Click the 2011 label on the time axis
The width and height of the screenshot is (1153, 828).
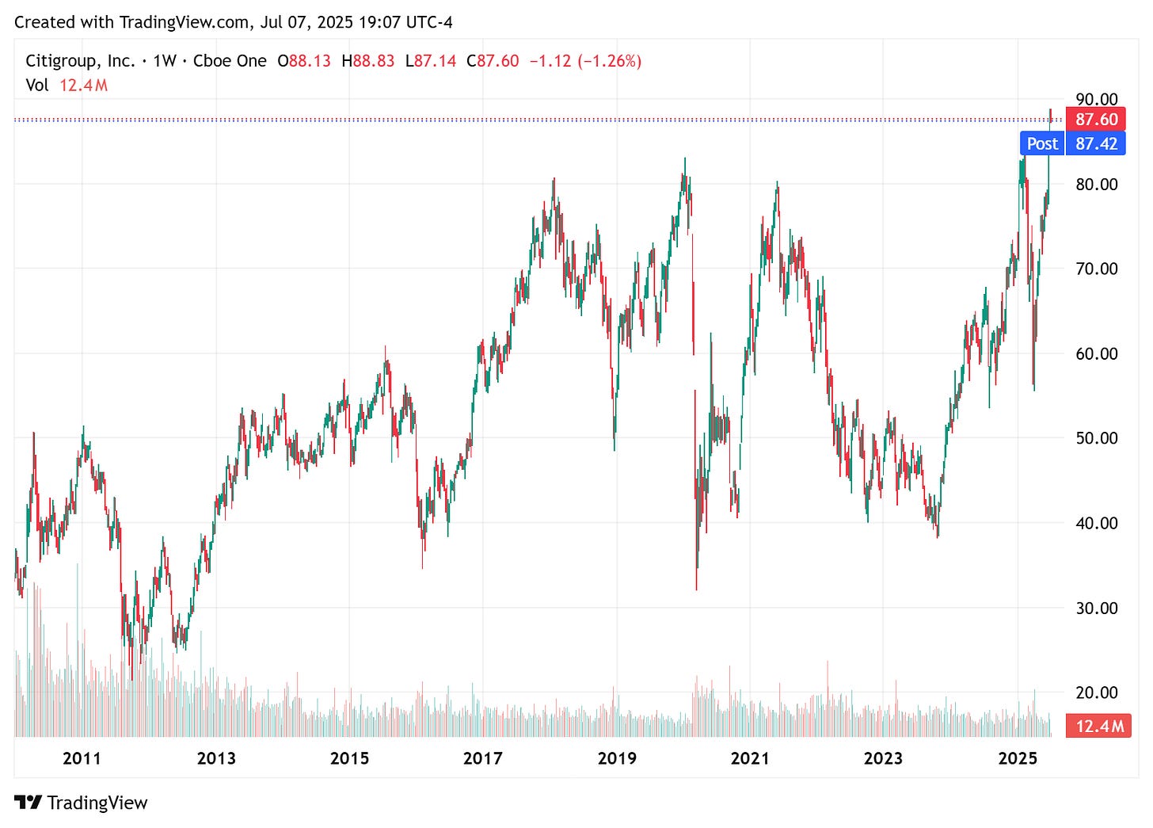coord(82,758)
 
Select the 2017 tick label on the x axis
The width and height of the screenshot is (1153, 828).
coord(482,758)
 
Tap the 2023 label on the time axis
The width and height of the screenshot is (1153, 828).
coord(883,758)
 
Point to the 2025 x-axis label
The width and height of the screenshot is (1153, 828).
coord(1018,758)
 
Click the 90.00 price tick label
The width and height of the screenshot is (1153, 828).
coord(1096,99)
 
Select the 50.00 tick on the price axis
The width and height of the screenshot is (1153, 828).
coord(1096,438)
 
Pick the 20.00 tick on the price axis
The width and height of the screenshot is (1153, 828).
coord(1096,693)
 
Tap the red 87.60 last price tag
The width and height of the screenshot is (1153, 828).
coord(1096,120)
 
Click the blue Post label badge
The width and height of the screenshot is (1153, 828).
coord(1041,143)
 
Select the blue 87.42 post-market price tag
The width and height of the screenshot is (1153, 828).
coord(1096,143)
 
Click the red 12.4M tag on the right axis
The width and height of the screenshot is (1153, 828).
coord(1098,726)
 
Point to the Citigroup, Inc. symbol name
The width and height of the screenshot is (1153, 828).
coord(80,61)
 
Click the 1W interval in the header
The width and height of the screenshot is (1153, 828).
coord(164,61)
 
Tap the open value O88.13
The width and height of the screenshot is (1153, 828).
coord(304,61)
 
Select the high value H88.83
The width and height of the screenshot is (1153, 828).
coord(367,61)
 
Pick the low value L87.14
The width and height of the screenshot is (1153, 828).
coord(430,61)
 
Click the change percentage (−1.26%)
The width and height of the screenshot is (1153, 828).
coord(610,61)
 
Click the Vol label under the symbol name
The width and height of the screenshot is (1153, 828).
coord(36,85)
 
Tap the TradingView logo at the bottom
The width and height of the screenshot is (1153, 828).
coord(82,803)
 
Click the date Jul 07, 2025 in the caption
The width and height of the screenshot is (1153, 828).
coord(306,22)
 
